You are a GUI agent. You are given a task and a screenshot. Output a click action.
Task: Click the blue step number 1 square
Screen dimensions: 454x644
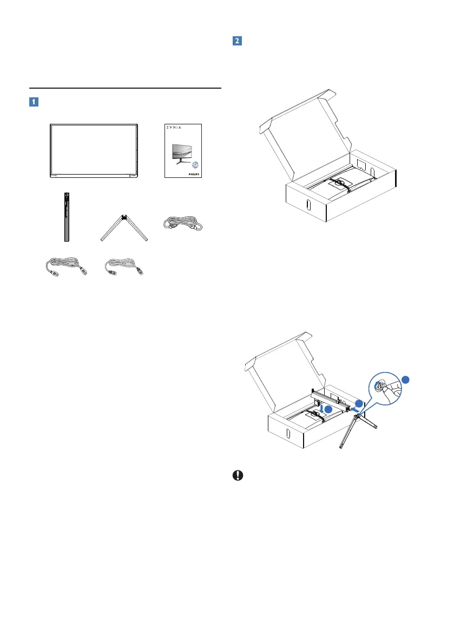[x=34, y=102]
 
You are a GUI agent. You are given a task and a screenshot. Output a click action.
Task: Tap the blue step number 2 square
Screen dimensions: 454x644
[x=236, y=41]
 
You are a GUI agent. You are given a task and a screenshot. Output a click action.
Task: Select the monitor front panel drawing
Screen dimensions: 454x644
[x=94, y=150]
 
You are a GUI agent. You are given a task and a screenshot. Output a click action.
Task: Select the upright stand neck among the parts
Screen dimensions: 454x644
[x=66, y=217]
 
